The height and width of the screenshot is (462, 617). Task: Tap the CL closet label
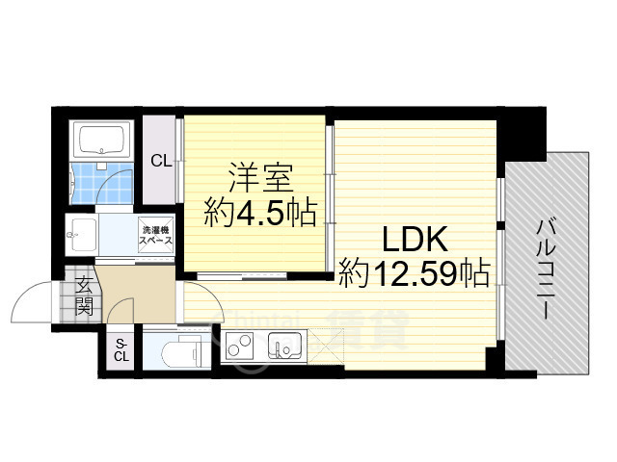160,162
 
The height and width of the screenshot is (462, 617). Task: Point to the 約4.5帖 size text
259,213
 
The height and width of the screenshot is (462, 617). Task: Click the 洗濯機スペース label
157,235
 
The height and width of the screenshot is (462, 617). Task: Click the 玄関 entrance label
85,296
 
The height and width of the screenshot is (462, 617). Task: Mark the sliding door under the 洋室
241,278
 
